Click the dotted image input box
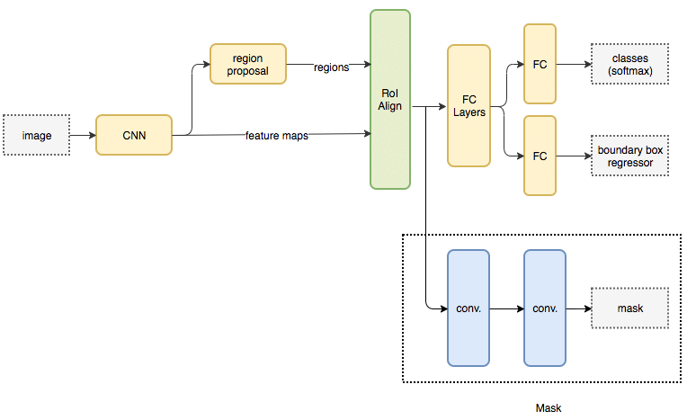pyautogui.click(x=37, y=135)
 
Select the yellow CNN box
pyautogui.click(x=133, y=136)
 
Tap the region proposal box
pyautogui.click(x=247, y=64)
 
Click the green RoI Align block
pyautogui.click(x=389, y=99)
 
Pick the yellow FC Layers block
pyautogui.click(x=468, y=105)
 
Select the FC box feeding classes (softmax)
pyautogui.click(x=540, y=64)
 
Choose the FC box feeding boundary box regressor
pyautogui.click(x=540, y=156)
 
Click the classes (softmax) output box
pyautogui.click(x=629, y=64)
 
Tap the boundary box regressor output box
pyautogui.click(x=629, y=156)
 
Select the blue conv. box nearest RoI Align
pyautogui.click(x=468, y=308)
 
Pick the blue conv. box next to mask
pyautogui.click(x=545, y=308)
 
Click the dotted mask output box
pyautogui.click(x=629, y=308)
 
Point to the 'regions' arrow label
pyautogui.click(x=331, y=67)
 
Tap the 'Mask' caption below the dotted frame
pyautogui.click(x=548, y=408)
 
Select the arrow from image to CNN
pyautogui.click(x=82, y=136)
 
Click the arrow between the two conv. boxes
pyautogui.click(x=506, y=308)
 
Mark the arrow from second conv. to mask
pyautogui.click(x=578, y=308)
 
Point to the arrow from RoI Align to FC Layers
pyautogui.click(x=428, y=107)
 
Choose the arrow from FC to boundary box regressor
pyautogui.click(x=574, y=156)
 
